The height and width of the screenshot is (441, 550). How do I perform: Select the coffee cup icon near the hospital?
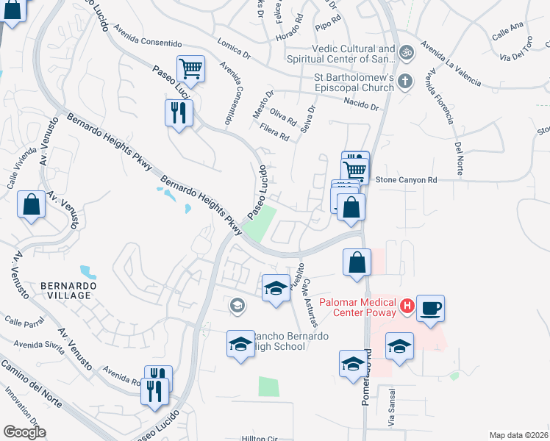click(430, 307)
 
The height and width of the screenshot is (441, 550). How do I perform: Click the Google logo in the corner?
click(24, 432)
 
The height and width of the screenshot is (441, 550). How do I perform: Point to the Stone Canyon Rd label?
click(407, 179)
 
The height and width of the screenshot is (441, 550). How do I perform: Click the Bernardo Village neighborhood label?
click(65, 290)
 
